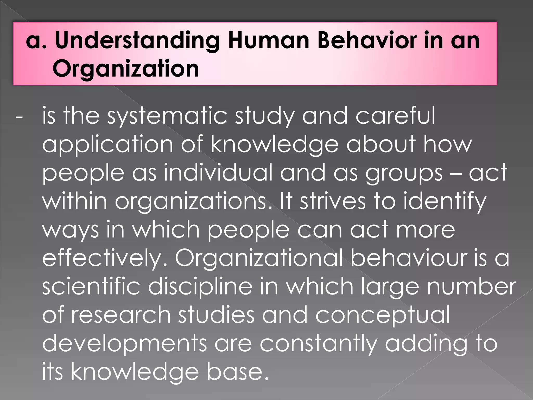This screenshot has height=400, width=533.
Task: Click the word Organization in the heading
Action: tap(126, 69)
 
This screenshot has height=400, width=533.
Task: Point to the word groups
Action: tap(404, 174)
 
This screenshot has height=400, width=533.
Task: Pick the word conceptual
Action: tap(383, 316)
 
